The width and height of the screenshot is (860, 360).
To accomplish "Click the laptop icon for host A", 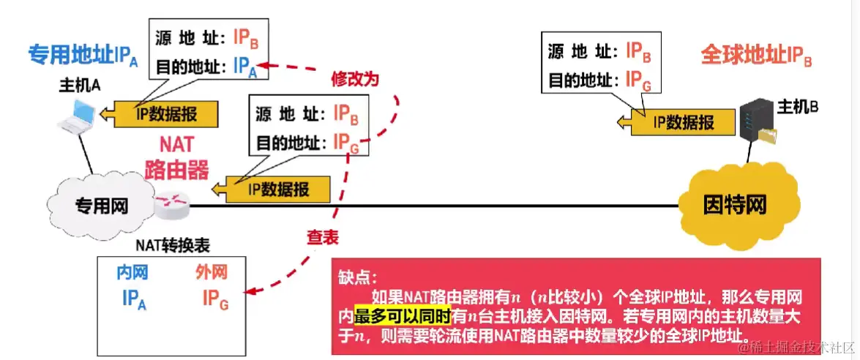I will point(77,116).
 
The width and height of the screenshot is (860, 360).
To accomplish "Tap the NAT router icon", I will point(172,206).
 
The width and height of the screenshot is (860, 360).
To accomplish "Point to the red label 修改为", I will point(355,78).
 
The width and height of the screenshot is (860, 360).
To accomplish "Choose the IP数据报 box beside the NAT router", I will point(278,189).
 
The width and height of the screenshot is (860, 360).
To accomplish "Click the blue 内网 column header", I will point(132,273).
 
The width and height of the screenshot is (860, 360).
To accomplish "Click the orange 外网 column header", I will point(211,273).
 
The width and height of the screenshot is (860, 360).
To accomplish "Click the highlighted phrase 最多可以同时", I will point(402,315).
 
